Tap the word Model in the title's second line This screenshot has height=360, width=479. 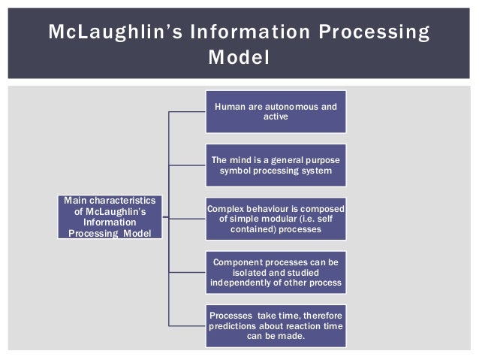coord(239,57)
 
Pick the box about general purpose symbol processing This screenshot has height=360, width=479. coord(276,165)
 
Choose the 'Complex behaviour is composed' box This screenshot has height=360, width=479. coord(276,218)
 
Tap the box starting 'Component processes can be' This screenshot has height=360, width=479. coord(276,272)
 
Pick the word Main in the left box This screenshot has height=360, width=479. coord(75,201)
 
